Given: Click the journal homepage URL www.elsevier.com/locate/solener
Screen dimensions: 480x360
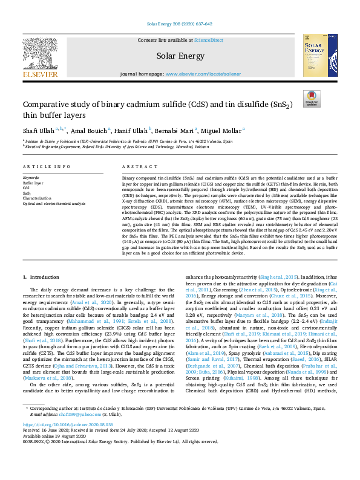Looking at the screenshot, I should pyautogui.click(x=200, y=73).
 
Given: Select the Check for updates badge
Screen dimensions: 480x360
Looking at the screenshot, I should pyautogui.click(x=312, y=99).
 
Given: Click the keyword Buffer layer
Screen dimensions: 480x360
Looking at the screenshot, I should pyautogui.click(x=33, y=182).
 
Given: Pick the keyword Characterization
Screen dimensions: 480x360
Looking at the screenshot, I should pyautogui.click(x=36, y=198).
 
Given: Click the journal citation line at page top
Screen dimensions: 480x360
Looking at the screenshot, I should pyautogui.click(x=180, y=24).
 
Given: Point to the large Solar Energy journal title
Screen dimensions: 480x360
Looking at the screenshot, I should pyautogui.click(x=180, y=56).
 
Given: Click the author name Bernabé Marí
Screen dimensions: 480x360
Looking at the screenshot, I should pyautogui.click(x=177, y=131).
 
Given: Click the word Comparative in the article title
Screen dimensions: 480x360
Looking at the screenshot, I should pyautogui.click(x=48, y=104).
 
